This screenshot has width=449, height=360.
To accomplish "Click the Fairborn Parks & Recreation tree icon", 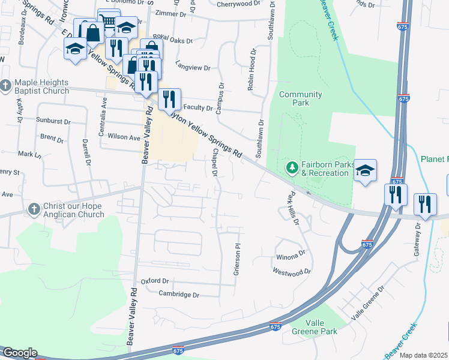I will [x=292, y=167].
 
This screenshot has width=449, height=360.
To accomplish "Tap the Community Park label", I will [x=301, y=98].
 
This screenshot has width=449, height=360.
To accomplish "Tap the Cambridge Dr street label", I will [x=178, y=294].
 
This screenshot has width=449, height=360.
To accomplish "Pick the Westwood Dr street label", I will [x=292, y=272].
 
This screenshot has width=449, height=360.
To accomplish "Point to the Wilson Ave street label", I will [x=124, y=137].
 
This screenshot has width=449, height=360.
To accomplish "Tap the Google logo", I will [x=19, y=353].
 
